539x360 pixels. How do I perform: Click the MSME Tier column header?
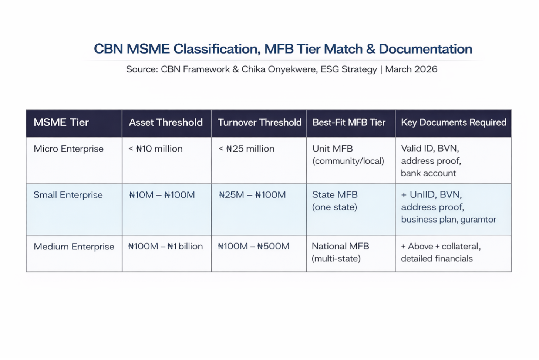pyautogui.click(x=61, y=122)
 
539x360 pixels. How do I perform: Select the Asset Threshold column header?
pyautogui.click(x=166, y=122)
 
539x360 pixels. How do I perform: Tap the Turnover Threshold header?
pyautogui.click(x=259, y=122)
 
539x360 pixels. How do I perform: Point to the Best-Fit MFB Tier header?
pyautogui.click(x=349, y=122)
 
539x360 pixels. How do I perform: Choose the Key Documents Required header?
pyautogui.click(x=454, y=122)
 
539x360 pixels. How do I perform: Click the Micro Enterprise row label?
pyautogui.click(x=68, y=149)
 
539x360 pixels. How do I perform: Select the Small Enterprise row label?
pyautogui.click(x=68, y=195)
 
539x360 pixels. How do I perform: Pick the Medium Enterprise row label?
pyautogui.click(x=74, y=247)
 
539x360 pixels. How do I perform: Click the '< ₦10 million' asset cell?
pyautogui.click(x=155, y=149)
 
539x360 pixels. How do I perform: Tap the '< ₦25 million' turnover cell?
pyautogui.click(x=246, y=149)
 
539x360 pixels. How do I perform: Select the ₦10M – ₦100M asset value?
pyautogui.click(x=162, y=195)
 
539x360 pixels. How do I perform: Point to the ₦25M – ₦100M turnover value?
pyautogui.click(x=252, y=195)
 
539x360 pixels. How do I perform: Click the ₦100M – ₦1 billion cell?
pyautogui.click(x=166, y=246)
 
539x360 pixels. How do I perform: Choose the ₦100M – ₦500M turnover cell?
pyautogui.click(x=254, y=246)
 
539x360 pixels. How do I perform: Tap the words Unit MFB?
pyautogui.click(x=333, y=149)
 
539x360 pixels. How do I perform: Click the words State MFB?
pyautogui.click(x=335, y=195)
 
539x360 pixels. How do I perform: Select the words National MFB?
pyautogui.click(x=340, y=246)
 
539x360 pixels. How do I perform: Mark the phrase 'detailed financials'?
pyautogui.click(x=437, y=259)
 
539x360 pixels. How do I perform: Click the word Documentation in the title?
pyautogui.click(x=425, y=49)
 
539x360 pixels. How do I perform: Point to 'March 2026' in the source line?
pyautogui.click(x=411, y=69)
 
